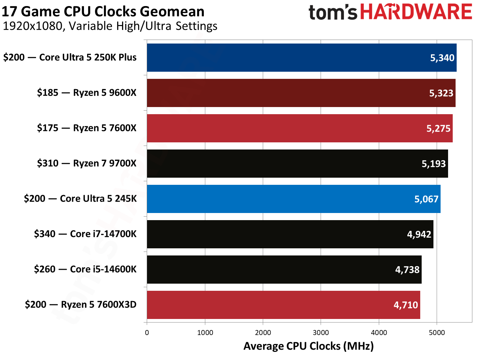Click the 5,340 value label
(442, 58)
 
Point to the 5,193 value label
(433, 164)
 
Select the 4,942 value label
(419, 234)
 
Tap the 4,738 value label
(407, 270)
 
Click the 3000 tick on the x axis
(321, 333)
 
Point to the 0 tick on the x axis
(147, 333)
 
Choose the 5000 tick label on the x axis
(437, 333)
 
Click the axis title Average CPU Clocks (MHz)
(308, 346)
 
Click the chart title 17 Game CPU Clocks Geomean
(103, 11)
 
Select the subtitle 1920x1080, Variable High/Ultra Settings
(110, 26)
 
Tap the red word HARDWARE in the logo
(416, 12)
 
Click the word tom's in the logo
(333, 12)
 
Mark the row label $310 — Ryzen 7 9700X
(87, 163)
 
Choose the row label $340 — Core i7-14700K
(85, 234)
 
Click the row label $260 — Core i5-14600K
(85, 269)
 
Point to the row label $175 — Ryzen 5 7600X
(87, 128)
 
